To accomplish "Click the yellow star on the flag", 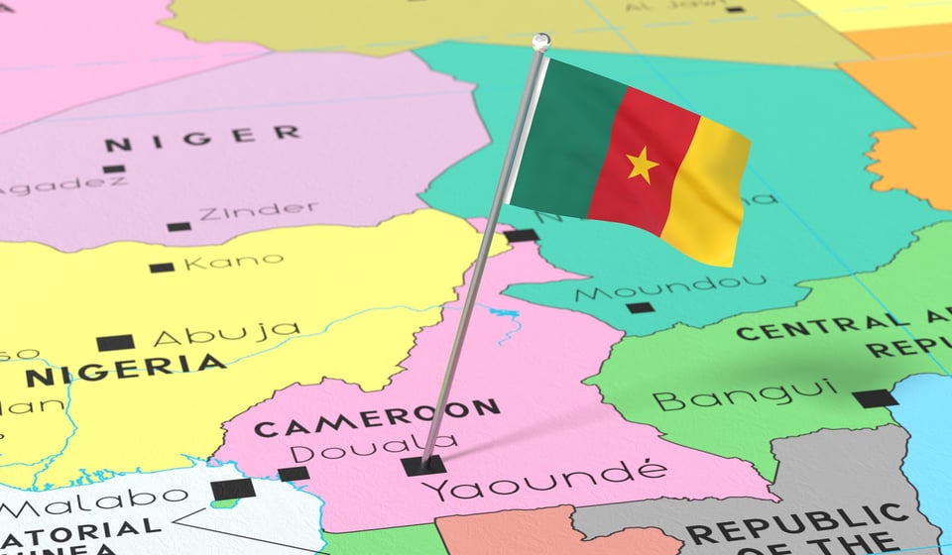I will click(642, 165).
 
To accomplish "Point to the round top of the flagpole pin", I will click(540, 42).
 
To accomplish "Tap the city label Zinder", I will click(258, 211).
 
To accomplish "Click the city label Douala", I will click(373, 449).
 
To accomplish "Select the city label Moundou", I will click(670, 286).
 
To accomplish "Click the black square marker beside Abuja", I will click(115, 343).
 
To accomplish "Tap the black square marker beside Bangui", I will click(875, 398).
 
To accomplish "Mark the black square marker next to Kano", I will click(162, 267).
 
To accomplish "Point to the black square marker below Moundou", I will click(640, 307).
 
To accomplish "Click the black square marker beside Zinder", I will click(178, 226).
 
